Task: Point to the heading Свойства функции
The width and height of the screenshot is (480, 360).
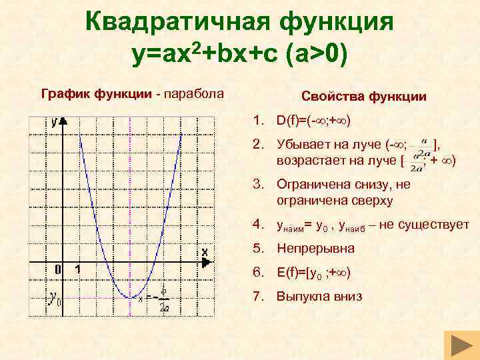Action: click(x=364, y=97)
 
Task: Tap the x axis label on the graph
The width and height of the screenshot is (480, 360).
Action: click(x=205, y=251)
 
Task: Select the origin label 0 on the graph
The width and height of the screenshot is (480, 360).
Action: click(x=59, y=269)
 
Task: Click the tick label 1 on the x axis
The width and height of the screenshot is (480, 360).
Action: click(x=78, y=269)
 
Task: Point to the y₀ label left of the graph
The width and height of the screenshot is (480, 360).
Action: click(x=55, y=298)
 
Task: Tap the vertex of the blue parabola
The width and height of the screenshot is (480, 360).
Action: click(x=132, y=297)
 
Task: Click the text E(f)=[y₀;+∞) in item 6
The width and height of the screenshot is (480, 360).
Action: click(x=313, y=273)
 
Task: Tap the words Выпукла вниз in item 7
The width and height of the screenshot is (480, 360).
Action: click(x=319, y=297)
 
